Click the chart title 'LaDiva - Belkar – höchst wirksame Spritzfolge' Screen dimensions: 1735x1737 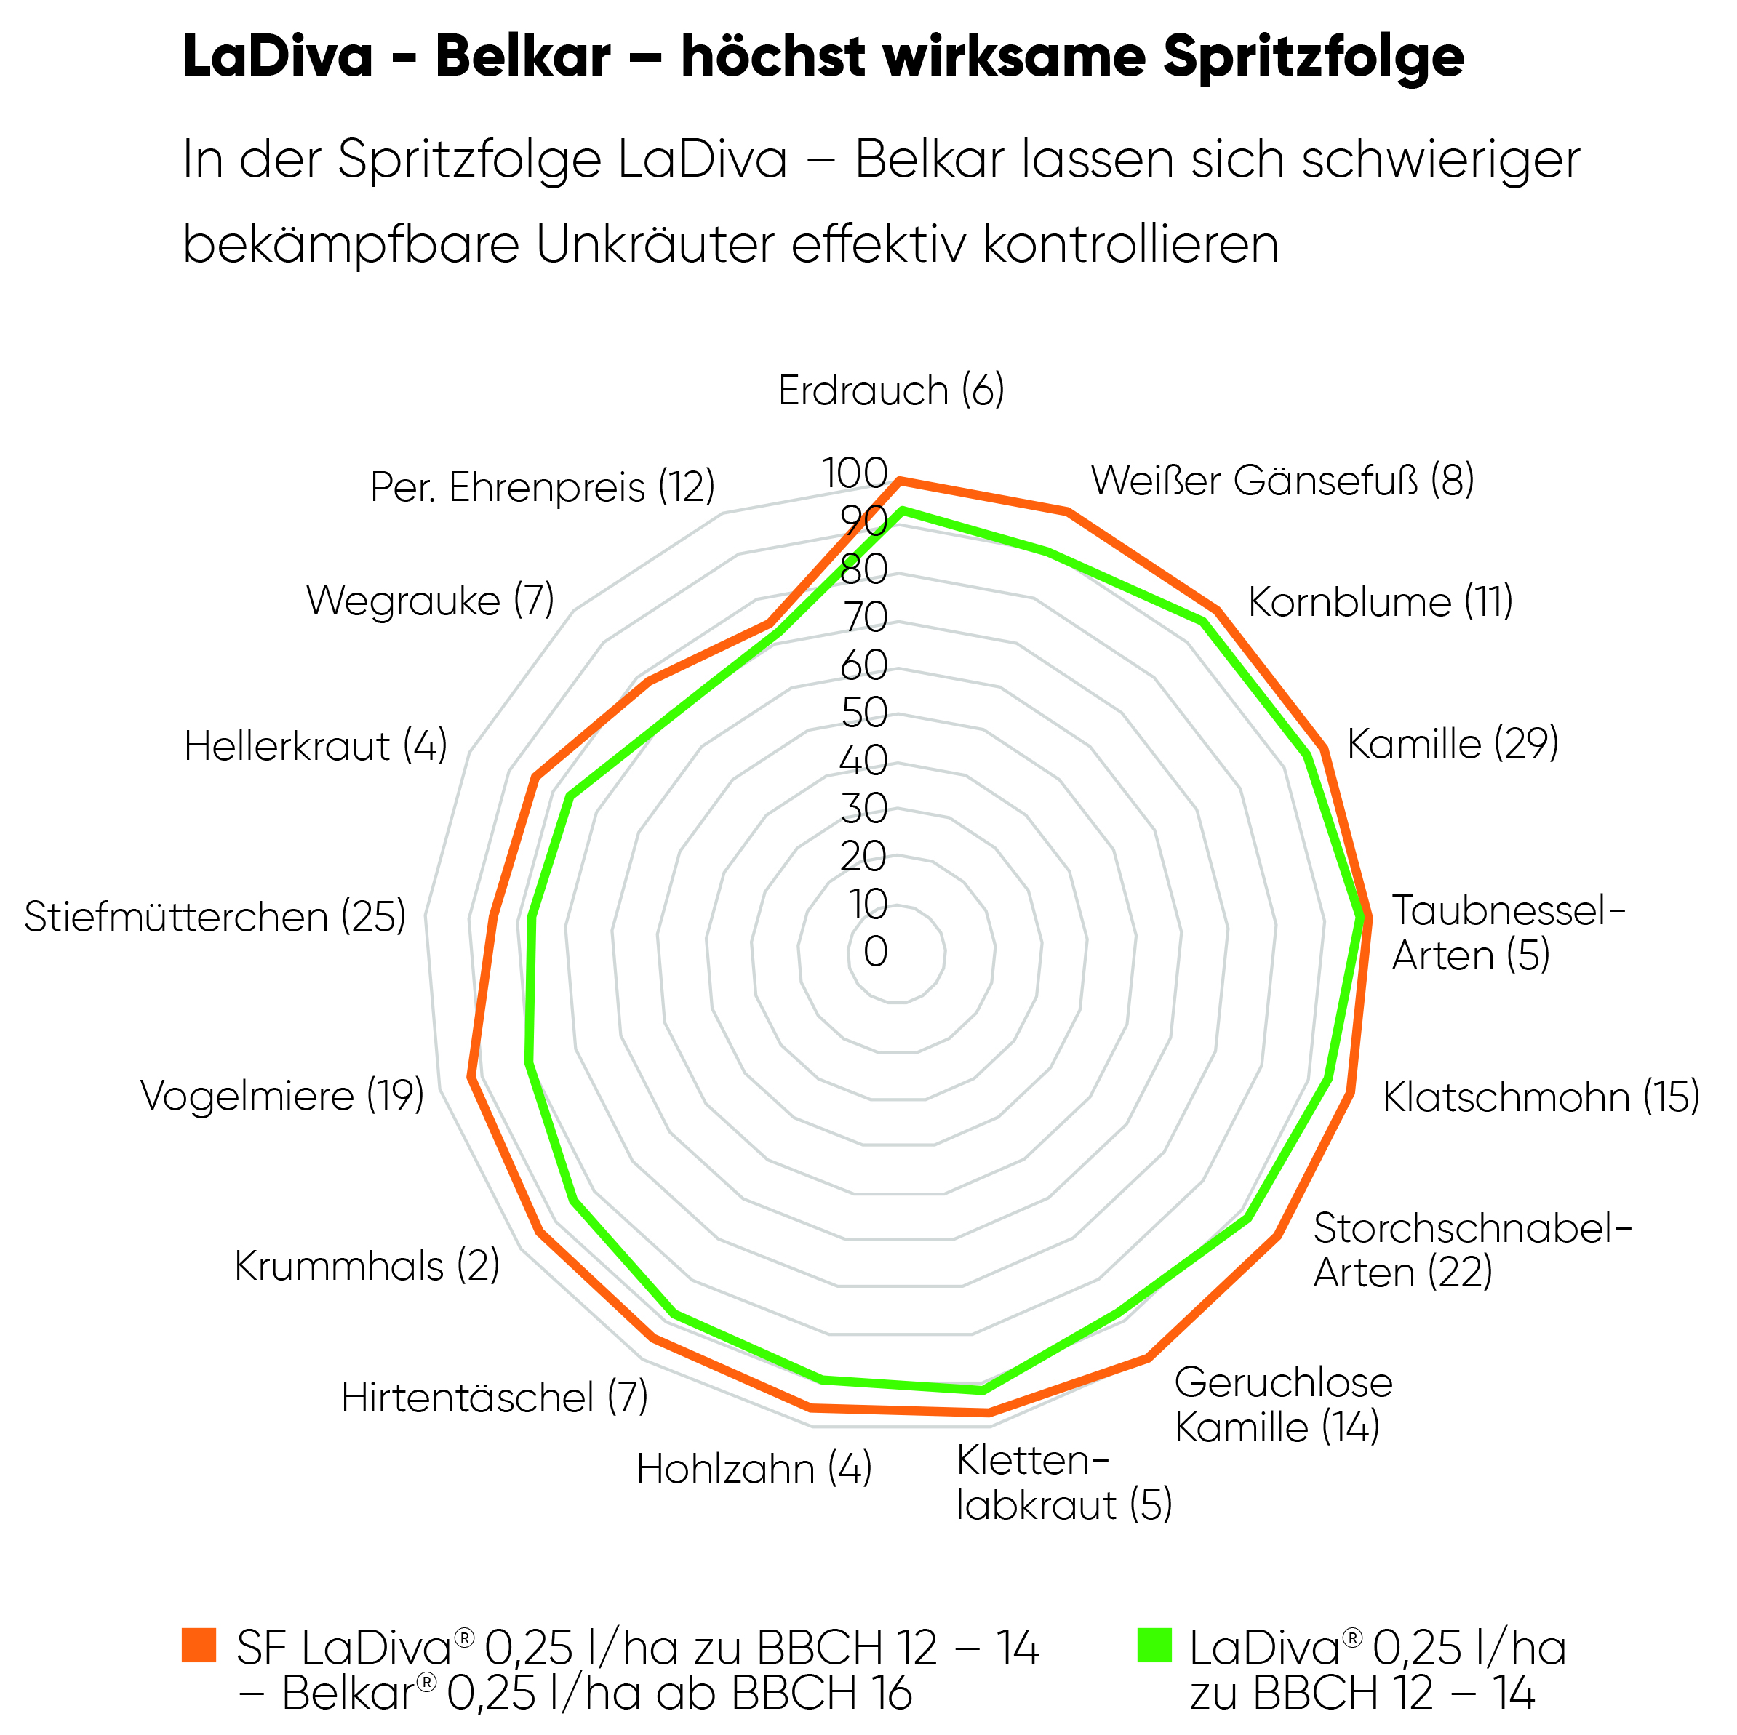coord(823,57)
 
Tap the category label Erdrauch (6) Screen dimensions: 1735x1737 coord(891,391)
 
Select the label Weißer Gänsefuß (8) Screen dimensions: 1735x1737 coord(1282,480)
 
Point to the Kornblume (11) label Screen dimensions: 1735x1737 coord(1380,601)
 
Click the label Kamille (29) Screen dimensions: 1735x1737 coord(1452,743)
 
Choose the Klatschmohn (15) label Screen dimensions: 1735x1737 coord(1540,1097)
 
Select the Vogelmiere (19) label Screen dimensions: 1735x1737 coord(282,1096)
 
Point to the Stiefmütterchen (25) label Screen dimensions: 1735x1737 coord(215,917)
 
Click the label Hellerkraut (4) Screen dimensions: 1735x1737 coord(316,746)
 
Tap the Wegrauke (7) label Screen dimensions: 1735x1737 coord(430,601)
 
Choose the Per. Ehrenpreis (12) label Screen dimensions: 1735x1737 coord(542,487)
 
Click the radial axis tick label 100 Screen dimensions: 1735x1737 coord(855,473)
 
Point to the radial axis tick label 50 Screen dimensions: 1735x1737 coord(864,713)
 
